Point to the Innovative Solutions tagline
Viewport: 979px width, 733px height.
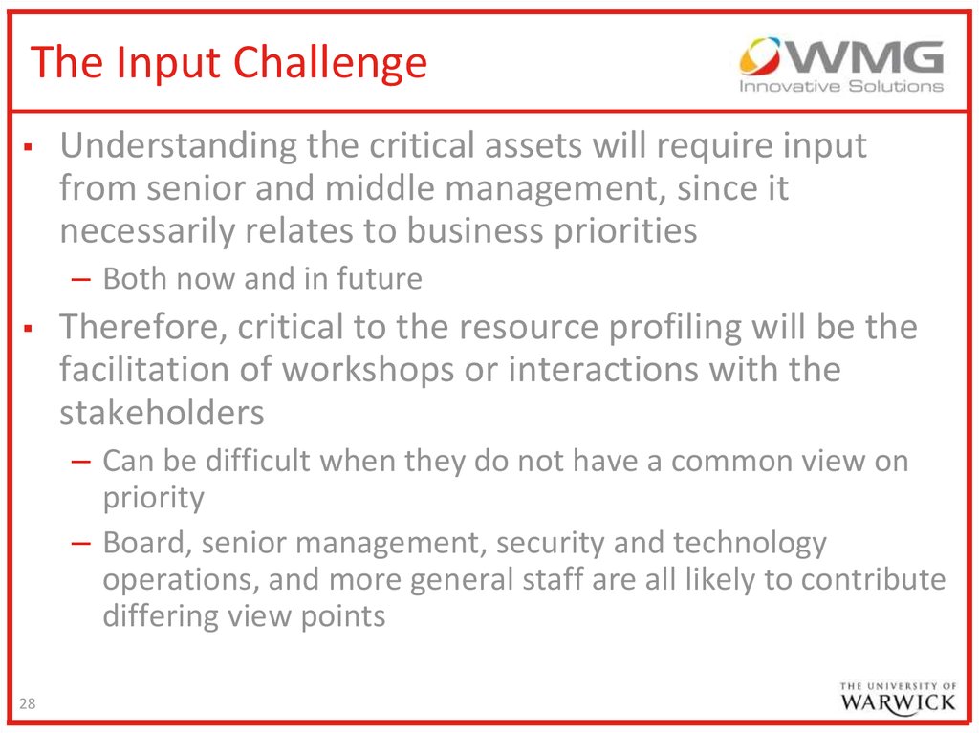(x=841, y=86)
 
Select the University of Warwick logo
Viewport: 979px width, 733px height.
(x=897, y=698)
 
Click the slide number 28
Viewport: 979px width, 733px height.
(x=28, y=703)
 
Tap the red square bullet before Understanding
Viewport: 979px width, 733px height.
(x=28, y=148)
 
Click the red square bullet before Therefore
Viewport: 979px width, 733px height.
(x=28, y=329)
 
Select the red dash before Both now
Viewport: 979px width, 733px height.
(x=81, y=279)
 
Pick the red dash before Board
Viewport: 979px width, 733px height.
(x=81, y=543)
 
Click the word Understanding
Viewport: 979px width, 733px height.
(x=178, y=147)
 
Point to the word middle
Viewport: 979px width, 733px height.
(x=379, y=188)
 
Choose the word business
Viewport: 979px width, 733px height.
(x=475, y=230)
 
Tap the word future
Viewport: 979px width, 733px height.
(x=380, y=278)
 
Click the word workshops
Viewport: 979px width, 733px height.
(x=368, y=370)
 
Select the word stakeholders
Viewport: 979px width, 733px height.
(x=162, y=413)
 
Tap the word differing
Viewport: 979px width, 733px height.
(x=161, y=617)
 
